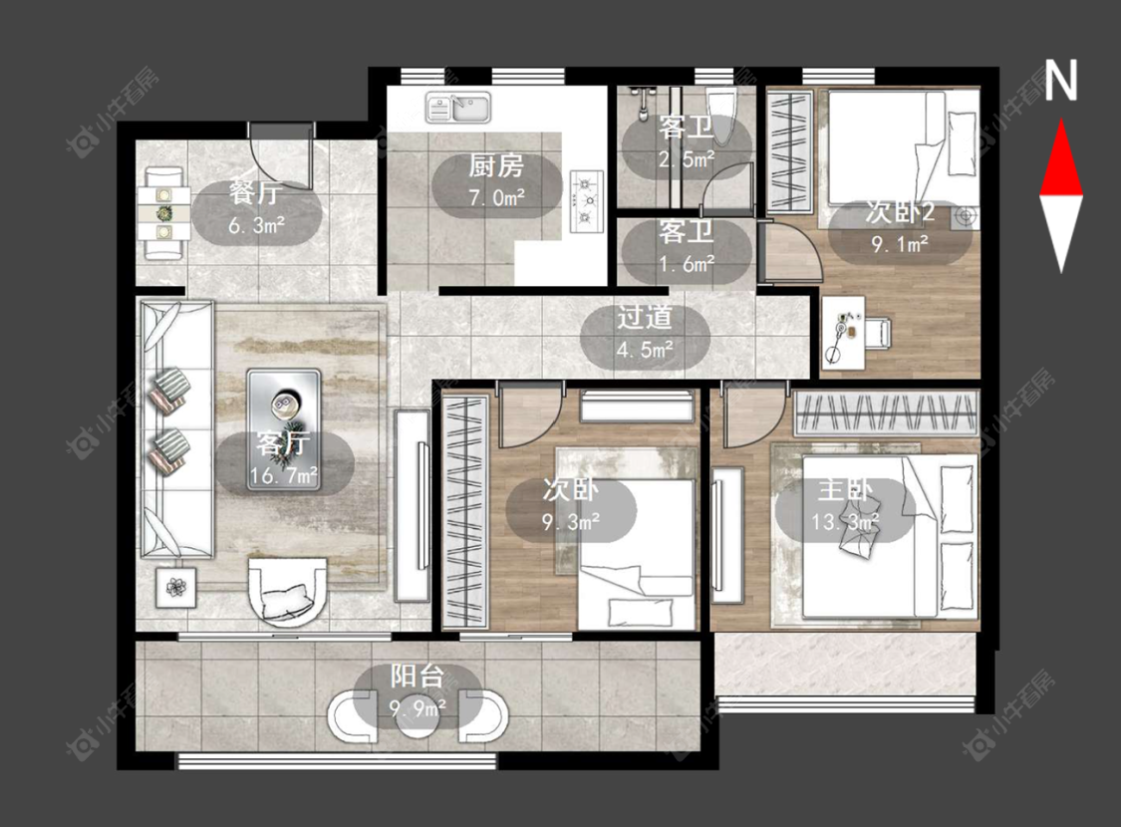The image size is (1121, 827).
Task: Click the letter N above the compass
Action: (x=1060, y=80)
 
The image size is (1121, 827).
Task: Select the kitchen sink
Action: (x=458, y=108)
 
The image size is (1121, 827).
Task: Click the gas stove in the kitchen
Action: (x=587, y=200)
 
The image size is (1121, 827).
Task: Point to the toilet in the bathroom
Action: (x=718, y=115)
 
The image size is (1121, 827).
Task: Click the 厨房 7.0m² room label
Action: (x=496, y=181)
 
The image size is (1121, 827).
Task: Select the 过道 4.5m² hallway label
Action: (x=645, y=334)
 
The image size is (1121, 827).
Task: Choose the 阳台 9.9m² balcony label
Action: (x=419, y=691)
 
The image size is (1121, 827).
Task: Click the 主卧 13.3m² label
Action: (x=845, y=507)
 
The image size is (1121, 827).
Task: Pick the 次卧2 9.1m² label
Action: (x=900, y=228)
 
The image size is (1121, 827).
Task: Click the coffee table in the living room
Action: (x=285, y=429)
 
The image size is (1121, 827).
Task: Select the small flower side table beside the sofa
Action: (x=175, y=587)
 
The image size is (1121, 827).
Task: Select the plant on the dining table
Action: (x=165, y=213)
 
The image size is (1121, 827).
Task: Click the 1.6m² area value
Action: (x=687, y=264)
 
